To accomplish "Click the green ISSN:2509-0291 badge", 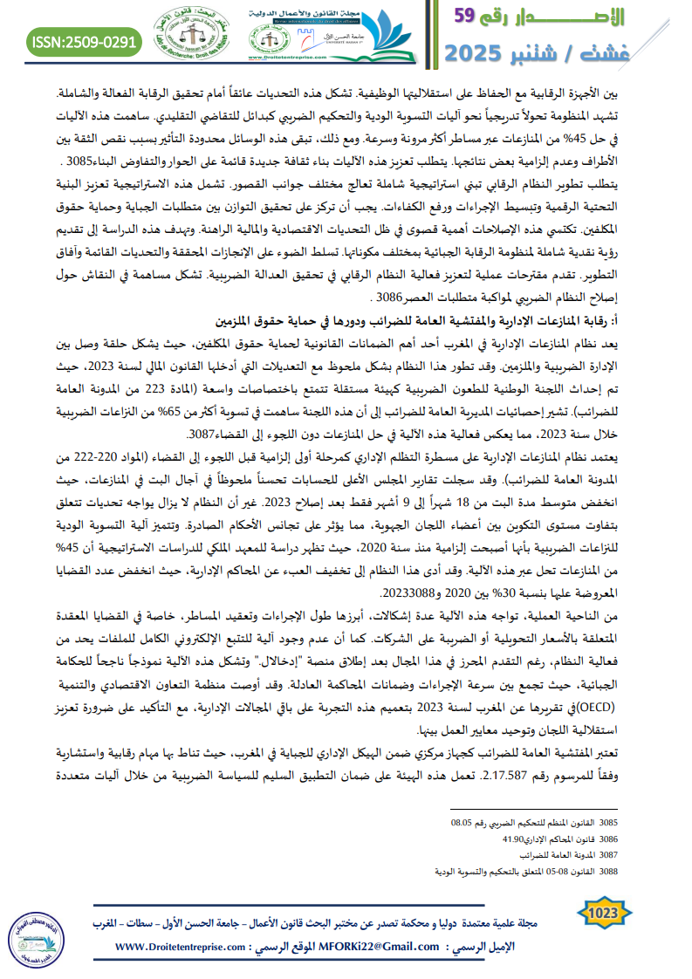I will [85, 41].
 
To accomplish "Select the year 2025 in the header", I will [479, 52].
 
